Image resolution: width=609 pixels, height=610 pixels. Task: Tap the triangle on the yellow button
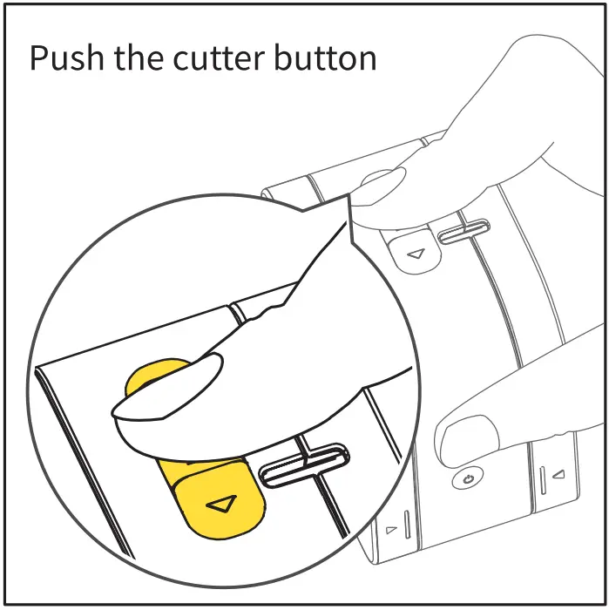tap(223, 503)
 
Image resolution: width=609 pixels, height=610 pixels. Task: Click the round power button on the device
tap(469, 478)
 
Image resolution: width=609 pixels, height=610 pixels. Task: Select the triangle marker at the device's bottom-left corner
tap(391, 529)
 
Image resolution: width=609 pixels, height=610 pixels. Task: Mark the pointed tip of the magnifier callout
tap(348, 195)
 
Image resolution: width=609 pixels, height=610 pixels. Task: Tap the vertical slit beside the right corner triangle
tap(542, 478)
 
